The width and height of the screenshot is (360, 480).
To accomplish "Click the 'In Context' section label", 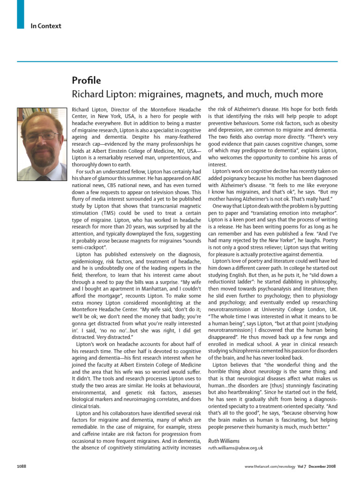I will tap(46, 26).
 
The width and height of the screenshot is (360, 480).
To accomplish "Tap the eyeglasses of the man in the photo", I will tap(43, 136).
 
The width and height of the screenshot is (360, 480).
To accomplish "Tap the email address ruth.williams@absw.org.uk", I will tap(235, 448).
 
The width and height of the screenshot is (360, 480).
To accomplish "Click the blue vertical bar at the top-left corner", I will tap(20, 14).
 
